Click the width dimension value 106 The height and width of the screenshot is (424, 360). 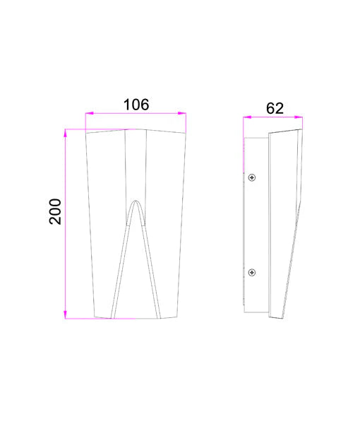136,105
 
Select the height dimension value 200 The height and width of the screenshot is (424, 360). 55,211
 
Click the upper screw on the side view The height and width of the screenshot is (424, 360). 252,177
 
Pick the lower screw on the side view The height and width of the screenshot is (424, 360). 252,272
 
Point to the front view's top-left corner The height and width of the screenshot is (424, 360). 85,133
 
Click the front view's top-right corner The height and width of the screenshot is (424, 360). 186,131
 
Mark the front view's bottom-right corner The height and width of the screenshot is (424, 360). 177,317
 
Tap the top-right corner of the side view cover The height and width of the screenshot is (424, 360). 302,130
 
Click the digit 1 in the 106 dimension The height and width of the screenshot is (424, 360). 127,105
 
